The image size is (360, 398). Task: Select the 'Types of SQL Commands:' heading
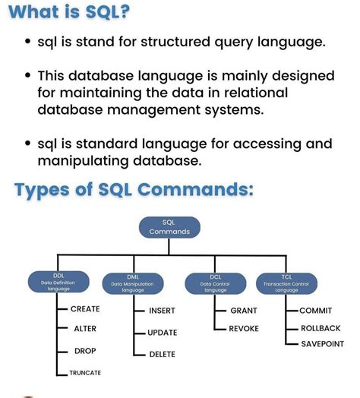click(x=133, y=189)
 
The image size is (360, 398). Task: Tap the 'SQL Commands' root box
click(x=169, y=227)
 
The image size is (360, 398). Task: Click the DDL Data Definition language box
click(x=58, y=283)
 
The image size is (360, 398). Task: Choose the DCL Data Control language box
click(x=216, y=283)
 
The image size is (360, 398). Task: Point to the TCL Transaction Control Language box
click(x=286, y=283)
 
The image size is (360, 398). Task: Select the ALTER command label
click(x=84, y=329)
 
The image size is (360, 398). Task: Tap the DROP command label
click(x=84, y=351)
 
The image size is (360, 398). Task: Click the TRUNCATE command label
click(x=85, y=373)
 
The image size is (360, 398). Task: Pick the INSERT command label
click(x=162, y=311)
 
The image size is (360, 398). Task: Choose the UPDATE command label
click(x=163, y=333)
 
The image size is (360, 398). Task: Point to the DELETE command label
click(x=162, y=354)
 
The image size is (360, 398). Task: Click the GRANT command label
click(x=244, y=311)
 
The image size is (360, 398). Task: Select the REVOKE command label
click(x=245, y=328)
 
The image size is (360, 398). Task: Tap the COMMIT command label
click(x=316, y=311)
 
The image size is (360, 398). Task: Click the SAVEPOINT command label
click(x=323, y=344)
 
